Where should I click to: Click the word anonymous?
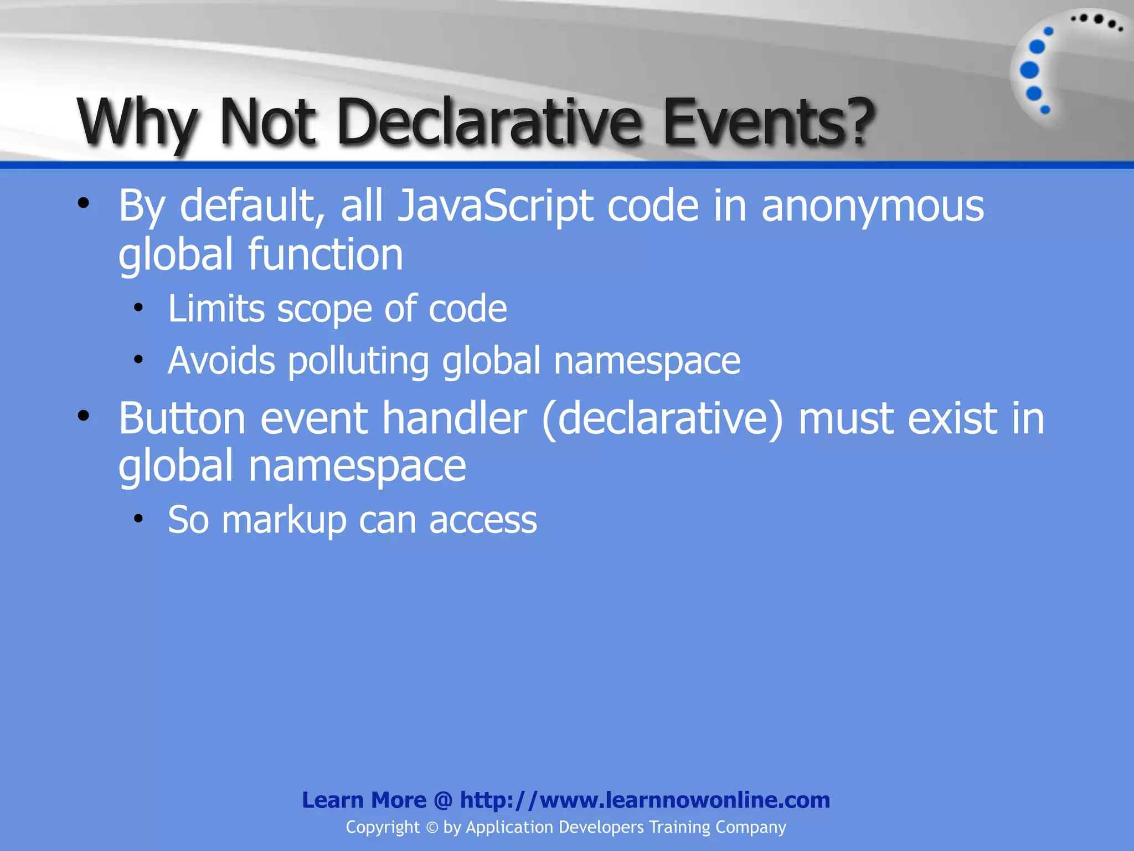pos(873,206)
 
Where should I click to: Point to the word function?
pos(326,255)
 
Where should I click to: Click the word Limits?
pos(216,309)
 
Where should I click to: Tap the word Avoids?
pos(221,361)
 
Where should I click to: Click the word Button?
pos(182,418)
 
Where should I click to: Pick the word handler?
pos(455,418)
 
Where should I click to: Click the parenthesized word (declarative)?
pos(663,419)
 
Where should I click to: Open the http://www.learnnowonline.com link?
pos(645,800)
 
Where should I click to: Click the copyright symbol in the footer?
pos(432,828)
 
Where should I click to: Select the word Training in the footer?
pos(679,828)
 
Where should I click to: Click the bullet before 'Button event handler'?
pos(84,416)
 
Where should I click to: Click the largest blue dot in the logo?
pos(1029,70)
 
